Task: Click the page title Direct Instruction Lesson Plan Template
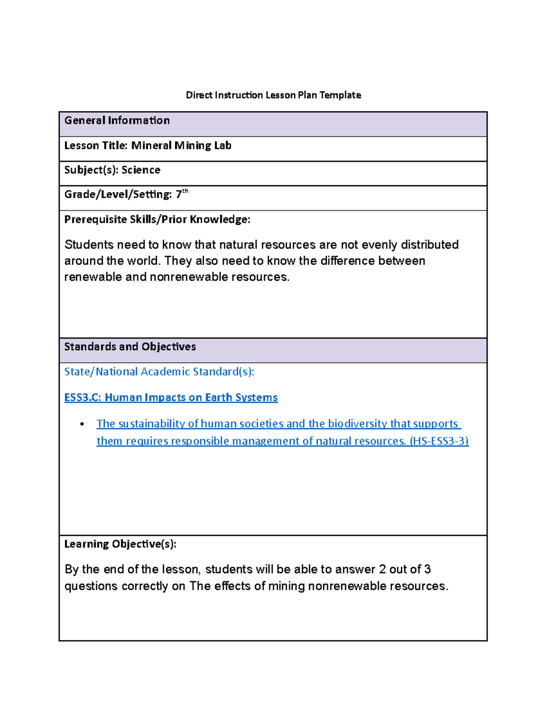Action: point(273,95)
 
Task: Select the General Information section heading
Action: point(117,121)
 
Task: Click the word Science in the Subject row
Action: point(141,170)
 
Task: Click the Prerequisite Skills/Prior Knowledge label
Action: point(157,219)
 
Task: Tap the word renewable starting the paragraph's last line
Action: point(93,277)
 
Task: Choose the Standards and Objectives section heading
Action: point(130,347)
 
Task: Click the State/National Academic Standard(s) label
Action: point(159,372)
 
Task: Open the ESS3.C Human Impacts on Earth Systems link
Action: point(171,397)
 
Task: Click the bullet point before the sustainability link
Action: point(82,424)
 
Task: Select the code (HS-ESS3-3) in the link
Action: point(439,441)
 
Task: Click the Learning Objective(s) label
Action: point(120,544)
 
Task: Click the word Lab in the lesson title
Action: point(223,146)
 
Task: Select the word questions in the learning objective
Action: point(91,586)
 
